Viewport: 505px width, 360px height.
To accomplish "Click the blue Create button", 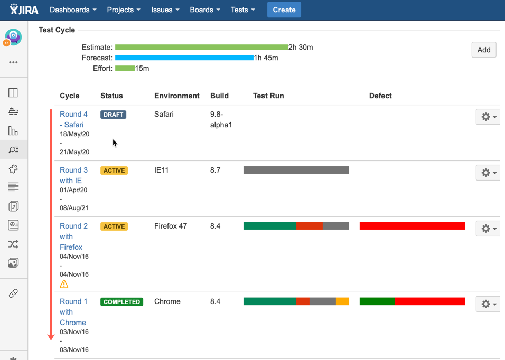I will [x=284, y=10].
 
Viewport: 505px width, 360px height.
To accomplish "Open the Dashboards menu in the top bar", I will [x=73, y=10].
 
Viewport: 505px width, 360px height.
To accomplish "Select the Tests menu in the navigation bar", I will [x=242, y=10].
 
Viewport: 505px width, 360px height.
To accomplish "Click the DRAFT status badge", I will [x=114, y=115].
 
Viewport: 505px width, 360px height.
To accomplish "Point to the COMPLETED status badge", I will [x=122, y=302].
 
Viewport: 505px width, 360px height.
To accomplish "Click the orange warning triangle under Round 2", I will [x=64, y=284].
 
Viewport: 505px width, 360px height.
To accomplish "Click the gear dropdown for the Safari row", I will [x=488, y=117].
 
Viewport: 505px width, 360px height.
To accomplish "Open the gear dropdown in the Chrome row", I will [x=488, y=304].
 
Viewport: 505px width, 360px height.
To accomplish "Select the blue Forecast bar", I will [x=184, y=58].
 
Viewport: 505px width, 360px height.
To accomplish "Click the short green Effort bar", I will [x=125, y=68].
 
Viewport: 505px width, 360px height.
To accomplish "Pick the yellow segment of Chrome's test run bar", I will [x=342, y=301].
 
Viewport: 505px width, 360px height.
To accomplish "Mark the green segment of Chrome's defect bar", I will [x=377, y=301].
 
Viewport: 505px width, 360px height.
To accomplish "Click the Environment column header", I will [x=177, y=96].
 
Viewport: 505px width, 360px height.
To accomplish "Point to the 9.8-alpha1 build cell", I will [x=221, y=119].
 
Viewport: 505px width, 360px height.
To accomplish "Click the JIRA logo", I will [x=24, y=10].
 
